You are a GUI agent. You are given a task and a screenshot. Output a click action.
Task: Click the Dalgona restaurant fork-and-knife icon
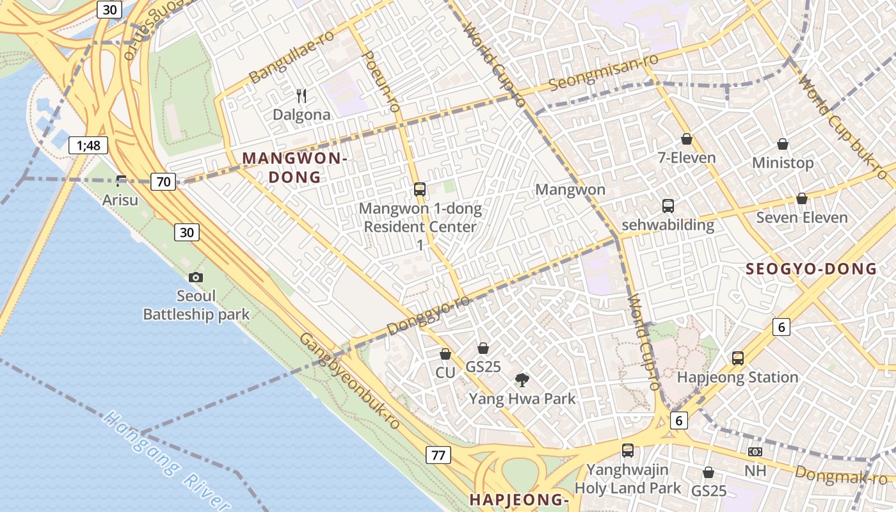(301, 97)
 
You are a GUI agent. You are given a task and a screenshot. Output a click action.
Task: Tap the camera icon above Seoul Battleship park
(196, 277)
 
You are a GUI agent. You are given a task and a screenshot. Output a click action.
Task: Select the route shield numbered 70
(164, 182)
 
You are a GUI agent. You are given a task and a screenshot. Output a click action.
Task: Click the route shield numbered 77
(438, 456)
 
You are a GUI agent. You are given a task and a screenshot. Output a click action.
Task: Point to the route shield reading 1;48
(88, 145)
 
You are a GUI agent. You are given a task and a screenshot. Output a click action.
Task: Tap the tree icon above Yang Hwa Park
(522, 380)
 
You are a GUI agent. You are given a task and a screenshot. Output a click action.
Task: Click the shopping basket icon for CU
(445, 354)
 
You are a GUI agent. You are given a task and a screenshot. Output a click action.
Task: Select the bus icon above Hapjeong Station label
(738, 358)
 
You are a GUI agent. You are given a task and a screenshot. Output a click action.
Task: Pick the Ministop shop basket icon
(782, 144)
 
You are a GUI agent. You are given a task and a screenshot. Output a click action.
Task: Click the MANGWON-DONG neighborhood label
(294, 168)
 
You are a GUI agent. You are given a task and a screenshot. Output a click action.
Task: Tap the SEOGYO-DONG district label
(811, 269)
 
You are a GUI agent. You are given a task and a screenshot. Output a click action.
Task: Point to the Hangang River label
(166, 461)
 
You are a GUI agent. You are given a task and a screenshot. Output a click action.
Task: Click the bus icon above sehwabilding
(668, 206)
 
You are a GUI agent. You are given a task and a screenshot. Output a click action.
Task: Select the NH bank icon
(755, 452)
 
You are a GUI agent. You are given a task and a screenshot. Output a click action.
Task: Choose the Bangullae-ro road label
(291, 56)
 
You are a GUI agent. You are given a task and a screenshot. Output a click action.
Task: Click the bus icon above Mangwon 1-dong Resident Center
(420, 189)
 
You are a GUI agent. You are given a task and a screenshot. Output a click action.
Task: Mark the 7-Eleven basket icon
(687, 139)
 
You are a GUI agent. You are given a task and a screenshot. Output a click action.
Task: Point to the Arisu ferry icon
(121, 181)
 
